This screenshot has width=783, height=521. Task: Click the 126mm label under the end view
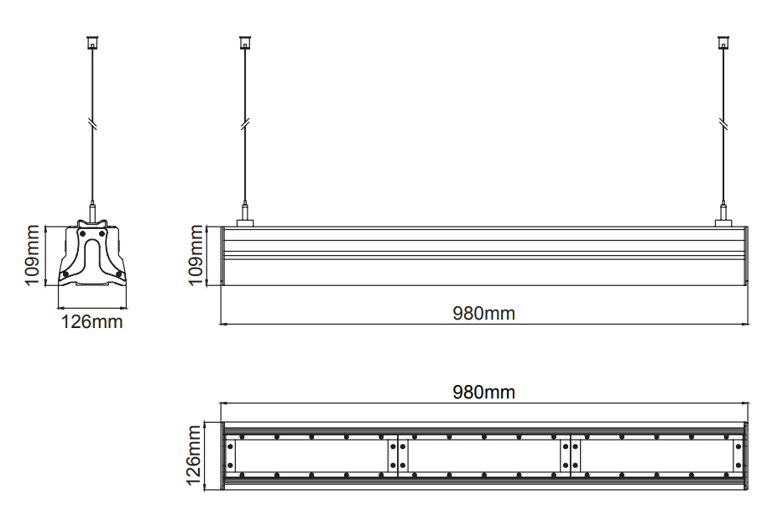pyautogui.click(x=91, y=322)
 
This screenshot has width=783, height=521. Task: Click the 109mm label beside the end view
pyautogui.click(x=32, y=256)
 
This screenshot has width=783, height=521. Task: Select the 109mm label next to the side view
pyautogui.click(x=196, y=256)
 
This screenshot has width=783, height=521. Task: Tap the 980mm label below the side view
pyautogui.click(x=484, y=314)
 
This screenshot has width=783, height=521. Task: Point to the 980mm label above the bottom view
pyautogui.click(x=484, y=393)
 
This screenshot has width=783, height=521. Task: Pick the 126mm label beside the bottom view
pyautogui.click(x=193, y=455)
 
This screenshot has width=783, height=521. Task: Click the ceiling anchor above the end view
pyautogui.click(x=92, y=42)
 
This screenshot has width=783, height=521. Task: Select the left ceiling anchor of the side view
pyautogui.click(x=245, y=42)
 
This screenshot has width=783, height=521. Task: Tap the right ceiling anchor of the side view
pyautogui.click(x=723, y=42)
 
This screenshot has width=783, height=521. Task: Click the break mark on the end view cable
pyautogui.click(x=92, y=123)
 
